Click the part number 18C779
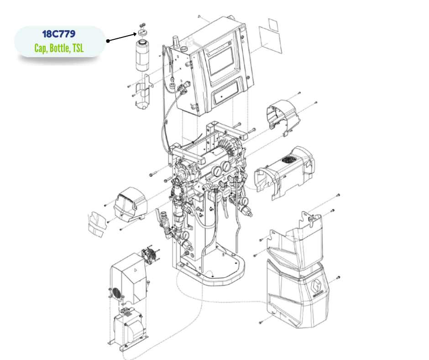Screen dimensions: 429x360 [x=59, y=34]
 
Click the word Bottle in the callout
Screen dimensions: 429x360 [x=59, y=48]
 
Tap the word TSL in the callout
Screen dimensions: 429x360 [x=78, y=48]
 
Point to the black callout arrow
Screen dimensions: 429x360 [x=122, y=37]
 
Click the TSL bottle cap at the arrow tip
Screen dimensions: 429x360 [x=142, y=32]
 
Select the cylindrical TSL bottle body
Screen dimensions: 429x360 [x=142, y=56]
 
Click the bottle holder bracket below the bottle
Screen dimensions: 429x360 [x=144, y=92]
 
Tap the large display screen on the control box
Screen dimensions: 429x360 [x=221, y=61]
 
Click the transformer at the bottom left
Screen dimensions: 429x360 [x=128, y=329]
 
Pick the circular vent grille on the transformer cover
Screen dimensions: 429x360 [x=116, y=293]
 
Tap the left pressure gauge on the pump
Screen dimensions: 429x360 [x=216, y=171]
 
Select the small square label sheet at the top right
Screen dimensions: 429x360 [x=273, y=25]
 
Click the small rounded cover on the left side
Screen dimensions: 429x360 [x=131, y=204]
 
